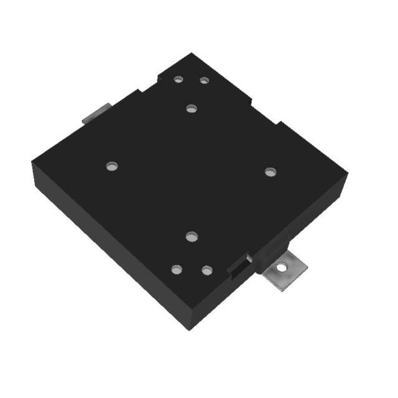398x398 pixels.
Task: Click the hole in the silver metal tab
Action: point(283,267)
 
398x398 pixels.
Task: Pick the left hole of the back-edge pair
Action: point(178,79)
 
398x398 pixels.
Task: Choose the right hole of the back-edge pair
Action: point(204,80)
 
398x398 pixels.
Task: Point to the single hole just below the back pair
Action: point(191,108)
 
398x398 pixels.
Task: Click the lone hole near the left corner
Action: point(112,166)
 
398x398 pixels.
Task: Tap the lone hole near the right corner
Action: point(270,172)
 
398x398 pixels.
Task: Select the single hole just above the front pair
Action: point(192,236)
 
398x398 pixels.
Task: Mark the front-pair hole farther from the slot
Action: point(177,269)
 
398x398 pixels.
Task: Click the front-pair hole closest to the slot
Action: point(207,271)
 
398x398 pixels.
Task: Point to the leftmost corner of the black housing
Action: point(32,163)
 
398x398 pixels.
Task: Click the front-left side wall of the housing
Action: point(106,255)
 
